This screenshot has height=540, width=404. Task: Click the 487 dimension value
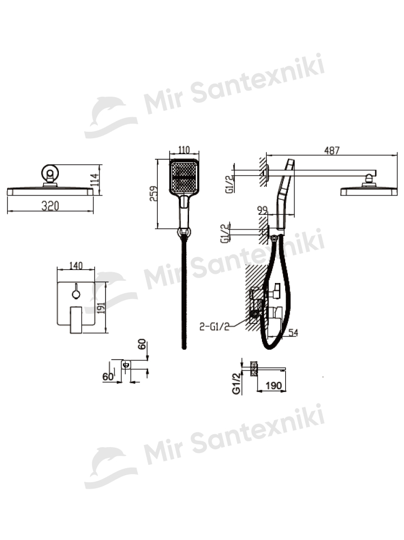332,151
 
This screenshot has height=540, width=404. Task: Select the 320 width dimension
50,206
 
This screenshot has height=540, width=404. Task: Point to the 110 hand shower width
184,150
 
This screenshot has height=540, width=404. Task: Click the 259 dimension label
153,193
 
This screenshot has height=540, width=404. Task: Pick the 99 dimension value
262,210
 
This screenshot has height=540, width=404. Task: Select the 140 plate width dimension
76,266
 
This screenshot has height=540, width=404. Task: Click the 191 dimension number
101,306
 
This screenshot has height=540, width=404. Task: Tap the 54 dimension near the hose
293,333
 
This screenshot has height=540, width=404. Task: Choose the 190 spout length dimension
274,386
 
